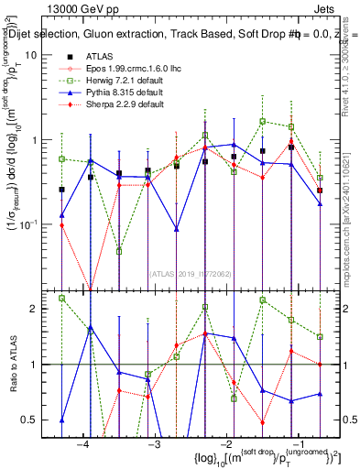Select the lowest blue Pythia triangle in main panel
(177, 228)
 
